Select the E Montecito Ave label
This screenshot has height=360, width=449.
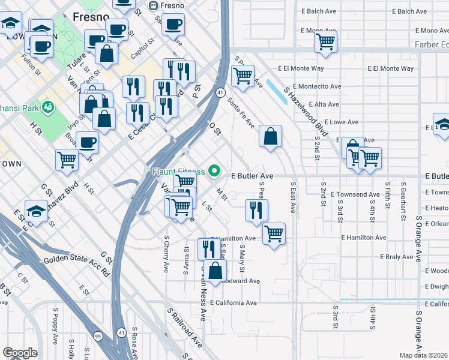click(317, 86)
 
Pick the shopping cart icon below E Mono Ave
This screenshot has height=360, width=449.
click(325, 42)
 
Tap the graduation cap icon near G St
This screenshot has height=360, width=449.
click(37, 211)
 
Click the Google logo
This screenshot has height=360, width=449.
click(19, 353)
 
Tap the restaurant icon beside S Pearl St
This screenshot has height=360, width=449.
click(256, 210)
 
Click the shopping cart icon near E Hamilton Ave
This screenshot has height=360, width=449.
click(274, 233)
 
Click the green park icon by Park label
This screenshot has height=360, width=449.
click(48, 107)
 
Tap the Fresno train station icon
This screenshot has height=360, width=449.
click(154, 5)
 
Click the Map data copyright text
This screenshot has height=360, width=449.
click(424, 355)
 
